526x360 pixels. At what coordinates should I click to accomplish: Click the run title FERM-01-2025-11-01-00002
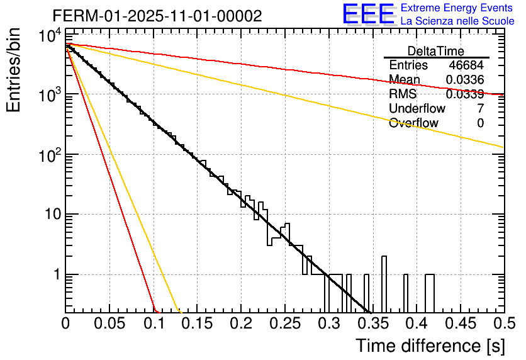(157, 16)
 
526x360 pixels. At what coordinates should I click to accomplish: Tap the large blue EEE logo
(368, 14)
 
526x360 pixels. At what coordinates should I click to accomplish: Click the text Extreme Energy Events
(457, 8)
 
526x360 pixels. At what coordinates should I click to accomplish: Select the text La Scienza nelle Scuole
(457, 21)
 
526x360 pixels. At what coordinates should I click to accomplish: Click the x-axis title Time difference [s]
(429, 346)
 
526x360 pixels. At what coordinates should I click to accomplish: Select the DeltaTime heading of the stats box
(435, 51)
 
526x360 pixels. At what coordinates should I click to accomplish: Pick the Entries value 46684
(466, 65)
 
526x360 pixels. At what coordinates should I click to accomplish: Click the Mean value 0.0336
(464, 80)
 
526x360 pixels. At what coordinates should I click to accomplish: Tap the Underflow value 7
(480, 109)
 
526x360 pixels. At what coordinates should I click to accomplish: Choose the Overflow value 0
(480, 123)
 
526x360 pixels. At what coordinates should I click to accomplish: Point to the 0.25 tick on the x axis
(284, 324)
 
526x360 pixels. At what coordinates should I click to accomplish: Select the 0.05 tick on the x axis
(110, 324)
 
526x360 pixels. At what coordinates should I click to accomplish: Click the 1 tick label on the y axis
(55, 275)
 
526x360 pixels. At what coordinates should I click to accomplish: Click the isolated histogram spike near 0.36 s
(384, 283)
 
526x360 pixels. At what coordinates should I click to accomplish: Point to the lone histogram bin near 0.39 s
(405, 293)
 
